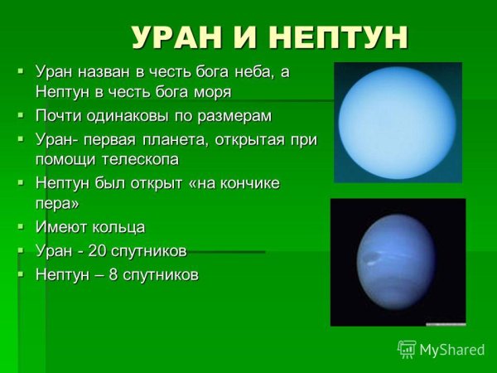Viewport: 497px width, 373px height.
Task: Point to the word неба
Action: [245, 72]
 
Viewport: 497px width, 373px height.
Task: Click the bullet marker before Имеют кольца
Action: [21, 225]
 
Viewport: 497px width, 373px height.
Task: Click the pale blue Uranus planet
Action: [398, 121]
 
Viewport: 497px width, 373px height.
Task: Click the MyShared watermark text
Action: [451, 350]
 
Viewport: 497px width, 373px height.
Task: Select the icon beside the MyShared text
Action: [407, 349]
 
